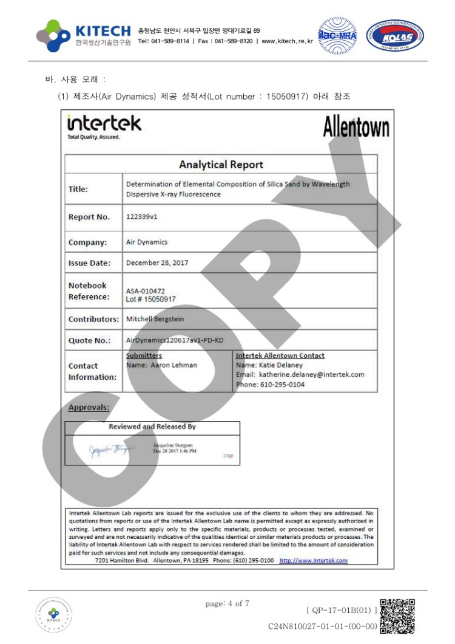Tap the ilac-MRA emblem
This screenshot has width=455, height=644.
(337, 35)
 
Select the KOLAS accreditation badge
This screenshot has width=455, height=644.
(394, 35)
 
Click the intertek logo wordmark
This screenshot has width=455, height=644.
(104, 124)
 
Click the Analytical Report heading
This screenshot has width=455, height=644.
(221, 164)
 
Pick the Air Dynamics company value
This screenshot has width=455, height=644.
(146, 242)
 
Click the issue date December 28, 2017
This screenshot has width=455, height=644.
(157, 263)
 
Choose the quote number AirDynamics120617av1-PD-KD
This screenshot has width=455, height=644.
(174, 340)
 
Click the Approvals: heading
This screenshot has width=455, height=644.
(89, 407)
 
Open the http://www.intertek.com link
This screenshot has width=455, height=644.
(313, 560)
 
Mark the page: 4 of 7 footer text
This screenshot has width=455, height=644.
(227, 603)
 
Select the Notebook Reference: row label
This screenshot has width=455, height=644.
(89, 291)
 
